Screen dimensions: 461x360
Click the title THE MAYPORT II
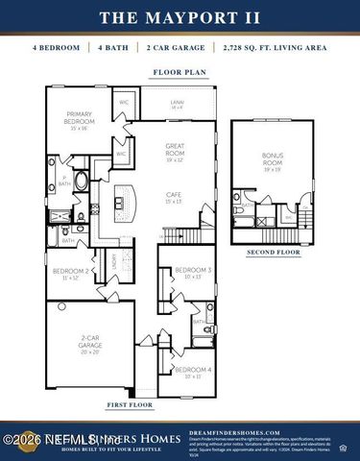(x=180, y=17)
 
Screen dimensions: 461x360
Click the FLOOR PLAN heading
(x=180, y=72)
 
